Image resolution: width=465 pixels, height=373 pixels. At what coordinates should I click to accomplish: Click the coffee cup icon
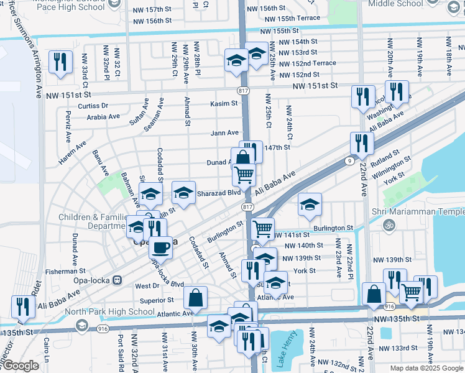click(162, 247)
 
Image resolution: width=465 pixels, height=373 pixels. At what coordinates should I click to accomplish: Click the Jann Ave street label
click(224, 132)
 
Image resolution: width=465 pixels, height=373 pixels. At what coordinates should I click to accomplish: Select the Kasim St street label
click(224, 104)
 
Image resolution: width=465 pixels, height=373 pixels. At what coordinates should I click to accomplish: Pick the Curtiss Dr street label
click(93, 106)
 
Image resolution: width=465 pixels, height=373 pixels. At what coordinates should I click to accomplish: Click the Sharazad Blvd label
click(218, 193)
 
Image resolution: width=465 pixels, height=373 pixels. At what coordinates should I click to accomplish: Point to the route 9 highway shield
click(351, 160)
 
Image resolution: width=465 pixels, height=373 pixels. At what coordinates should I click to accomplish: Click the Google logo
click(20, 366)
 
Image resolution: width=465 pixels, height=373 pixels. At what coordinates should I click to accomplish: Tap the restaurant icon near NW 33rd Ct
click(60, 61)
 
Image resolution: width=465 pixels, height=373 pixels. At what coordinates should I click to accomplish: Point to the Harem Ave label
click(73, 154)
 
